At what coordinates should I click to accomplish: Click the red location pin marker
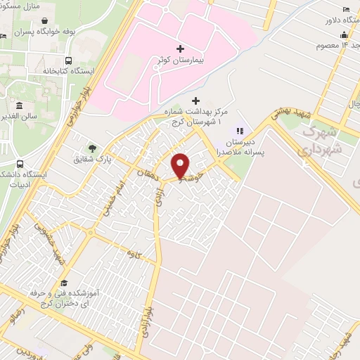coord(181,166)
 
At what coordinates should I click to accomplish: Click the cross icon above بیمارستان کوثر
coord(181,49)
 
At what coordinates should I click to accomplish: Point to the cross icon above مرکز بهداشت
coord(195,101)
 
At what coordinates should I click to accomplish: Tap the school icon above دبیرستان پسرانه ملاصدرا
coord(239,131)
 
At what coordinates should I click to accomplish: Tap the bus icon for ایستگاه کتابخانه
coord(67,60)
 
